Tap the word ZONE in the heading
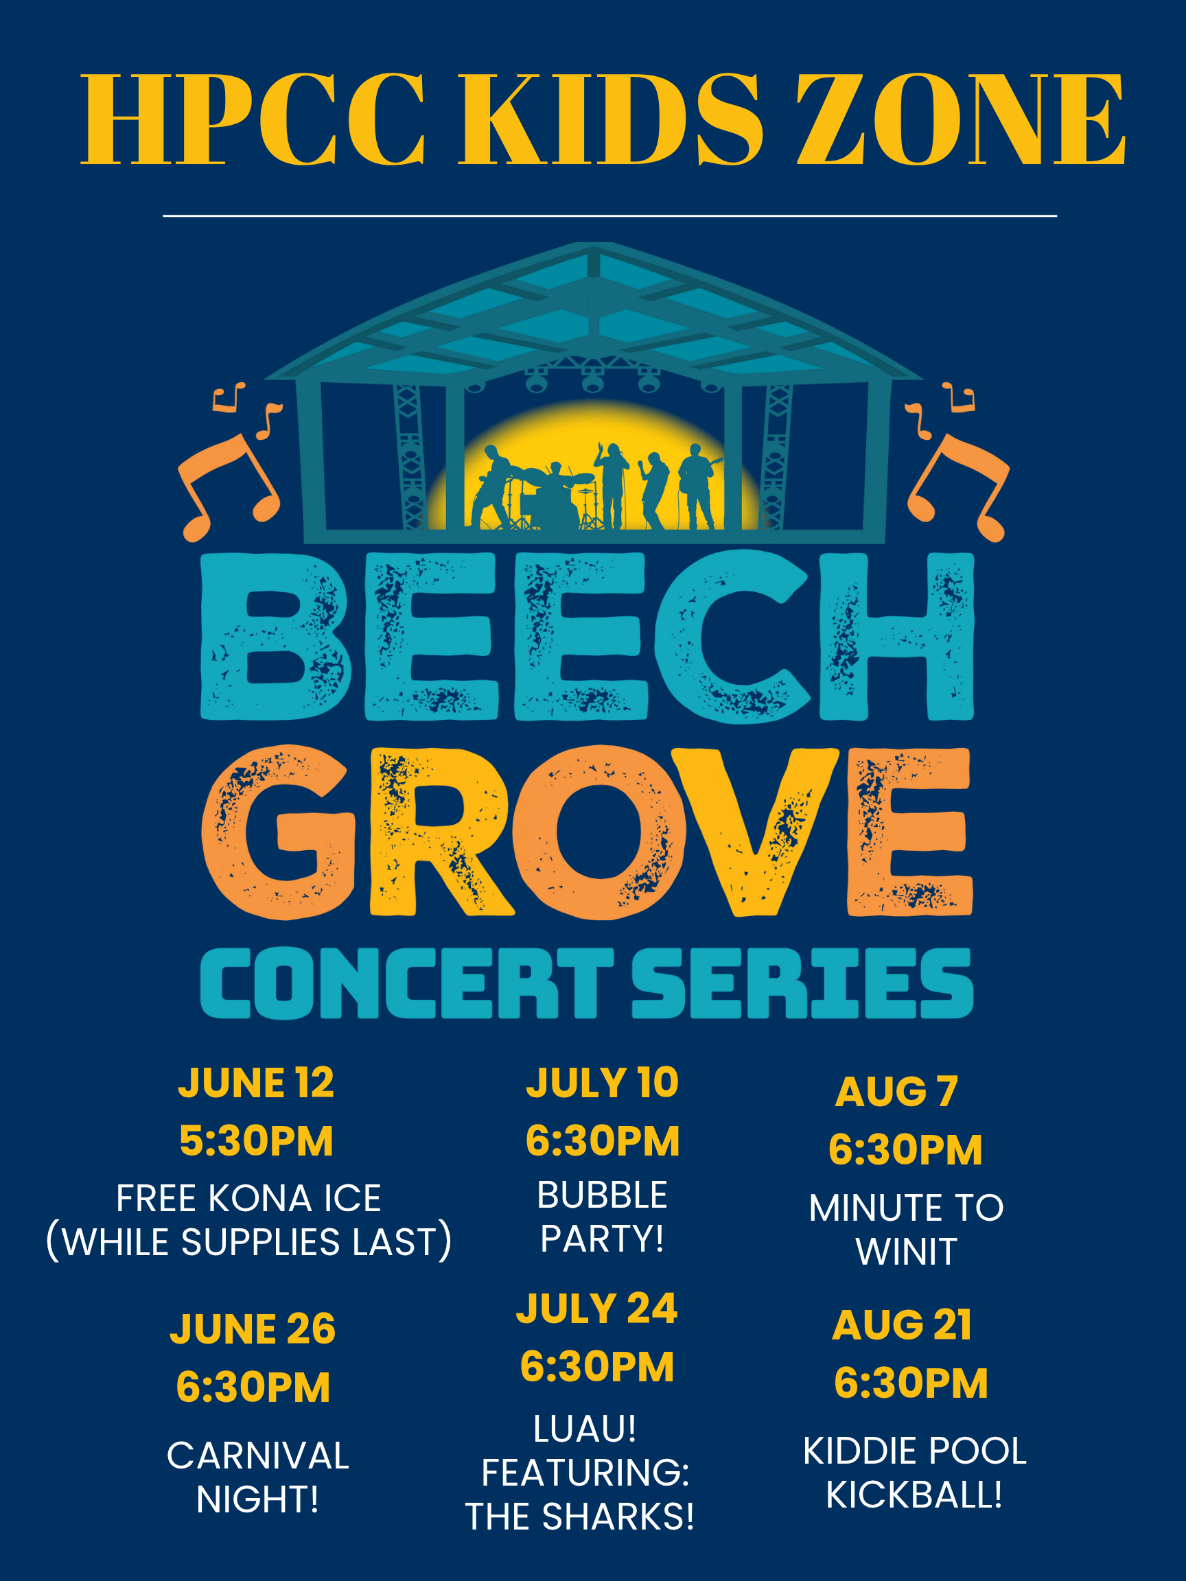click(x=962, y=119)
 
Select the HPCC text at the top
click(x=253, y=119)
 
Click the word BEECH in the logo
click(x=587, y=636)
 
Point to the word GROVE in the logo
click(x=587, y=831)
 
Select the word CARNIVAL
click(x=258, y=1456)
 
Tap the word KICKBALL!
click(x=914, y=1495)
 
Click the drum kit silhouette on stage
click(x=557, y=496)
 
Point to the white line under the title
click(x=609, y=215)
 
